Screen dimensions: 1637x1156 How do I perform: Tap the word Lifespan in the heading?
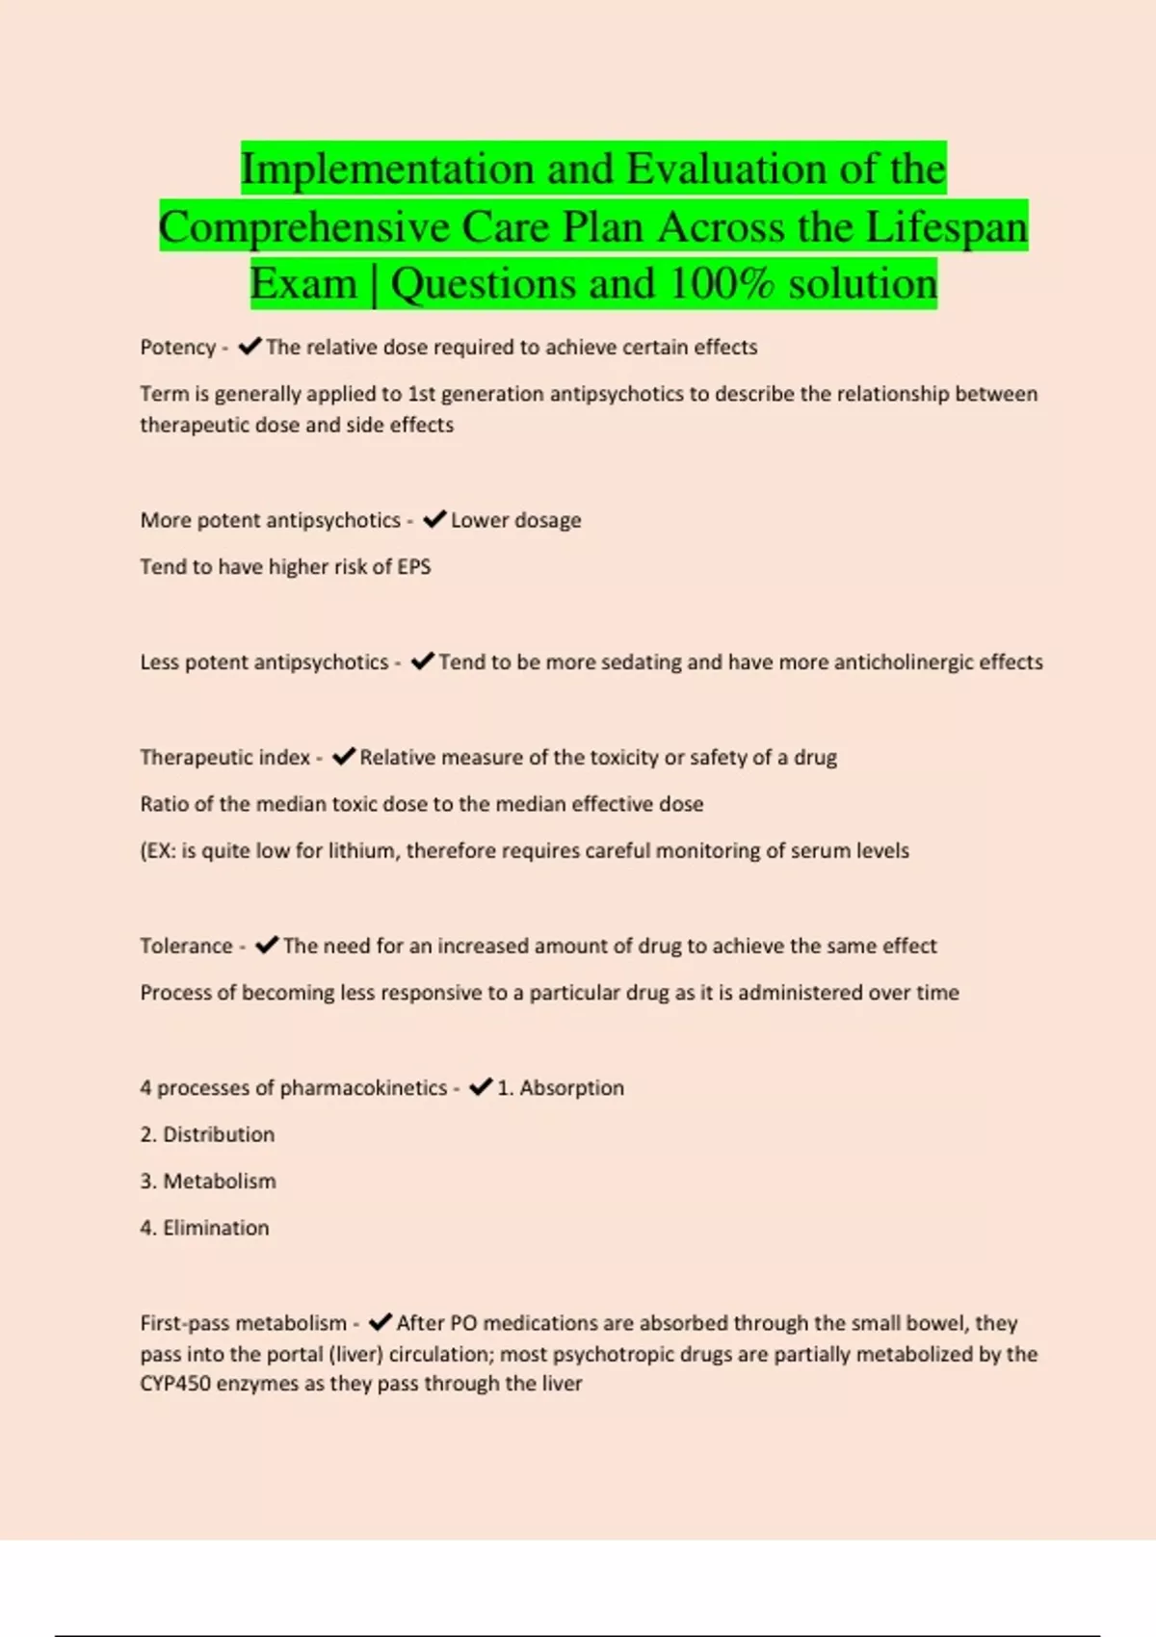click(947, 227)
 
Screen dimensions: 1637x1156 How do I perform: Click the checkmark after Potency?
click(250, 347)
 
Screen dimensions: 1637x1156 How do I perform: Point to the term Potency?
click(177, 348)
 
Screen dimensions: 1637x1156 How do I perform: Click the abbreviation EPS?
click(414, 566)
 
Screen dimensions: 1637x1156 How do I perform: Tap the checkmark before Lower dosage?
click(434, 520)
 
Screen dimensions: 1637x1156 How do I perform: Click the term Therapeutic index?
click(224, 757)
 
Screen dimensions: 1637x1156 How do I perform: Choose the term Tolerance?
click(186, 946)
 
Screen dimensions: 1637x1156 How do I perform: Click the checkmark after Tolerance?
click(267, 946)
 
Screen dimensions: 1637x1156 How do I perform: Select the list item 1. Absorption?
click(560, 1088)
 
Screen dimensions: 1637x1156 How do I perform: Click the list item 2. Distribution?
click(207, 1134)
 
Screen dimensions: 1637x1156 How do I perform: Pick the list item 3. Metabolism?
click(207, 1181)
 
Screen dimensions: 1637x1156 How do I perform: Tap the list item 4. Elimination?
click(204, 1228)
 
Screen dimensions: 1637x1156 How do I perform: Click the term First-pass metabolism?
click(243, 1323)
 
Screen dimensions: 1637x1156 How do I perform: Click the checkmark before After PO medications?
click(380, 1323)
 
